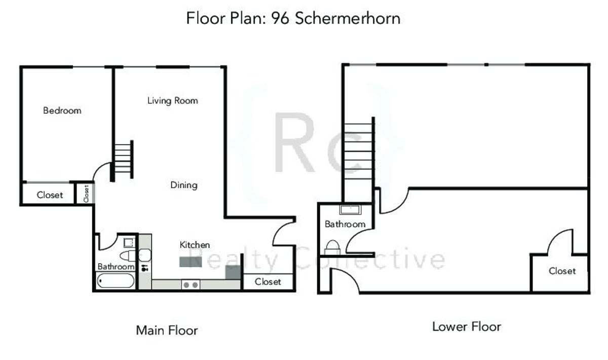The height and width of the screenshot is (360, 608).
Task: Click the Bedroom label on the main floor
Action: tap(62, 111)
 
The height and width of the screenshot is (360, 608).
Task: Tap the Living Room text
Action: tap(172, 100)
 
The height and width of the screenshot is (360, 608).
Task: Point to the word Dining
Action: tap(183, 185)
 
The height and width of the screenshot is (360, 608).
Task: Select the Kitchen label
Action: tap(195, 245)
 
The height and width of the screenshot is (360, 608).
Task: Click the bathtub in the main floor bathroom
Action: tap(116, 281)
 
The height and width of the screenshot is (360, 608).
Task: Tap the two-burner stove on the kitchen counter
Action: tap(191, 285)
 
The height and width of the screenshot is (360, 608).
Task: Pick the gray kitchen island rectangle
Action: tap(191, 262)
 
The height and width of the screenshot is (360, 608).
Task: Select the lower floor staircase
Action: tap(358, 153)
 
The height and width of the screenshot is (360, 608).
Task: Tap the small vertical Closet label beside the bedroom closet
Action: tap(86, 194)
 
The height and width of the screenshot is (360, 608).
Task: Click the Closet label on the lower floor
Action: tap(562, 271)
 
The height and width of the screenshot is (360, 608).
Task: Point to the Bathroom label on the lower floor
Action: tap(345, 224)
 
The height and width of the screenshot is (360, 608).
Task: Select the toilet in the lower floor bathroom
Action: tap(333, 246)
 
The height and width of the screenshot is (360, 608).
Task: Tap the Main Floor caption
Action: tap(167, 331)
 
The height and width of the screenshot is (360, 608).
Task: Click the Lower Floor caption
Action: tap(466, 327)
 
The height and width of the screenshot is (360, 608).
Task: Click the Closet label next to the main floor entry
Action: tap(268, 281)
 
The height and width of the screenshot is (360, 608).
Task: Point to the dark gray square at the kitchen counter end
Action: tap(233, 272)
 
